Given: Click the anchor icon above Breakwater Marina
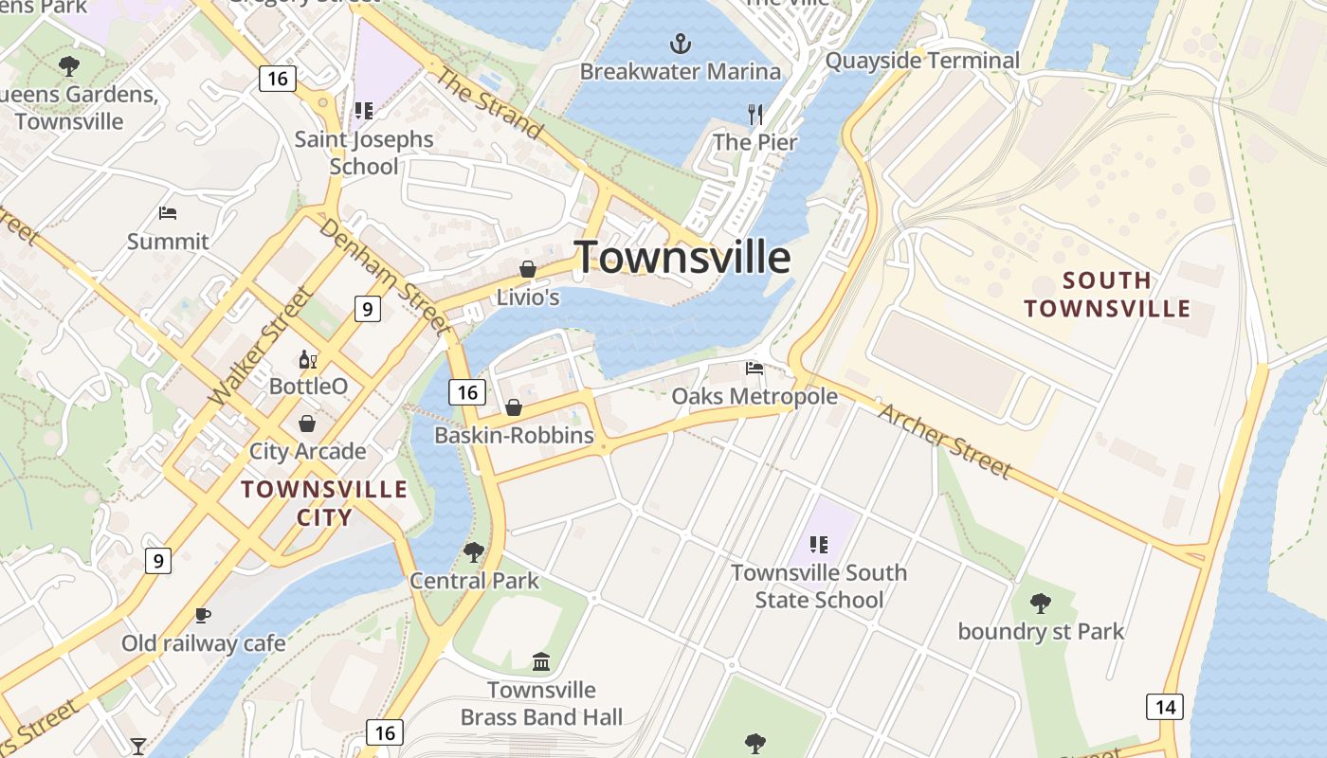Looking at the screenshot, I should coord(680,44).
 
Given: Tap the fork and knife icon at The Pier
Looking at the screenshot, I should coord(755,115).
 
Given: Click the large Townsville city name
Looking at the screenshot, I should coord(682,257).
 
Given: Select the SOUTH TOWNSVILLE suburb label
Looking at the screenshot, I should coord(1107,295).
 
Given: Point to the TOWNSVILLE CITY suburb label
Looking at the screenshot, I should coord(324,503).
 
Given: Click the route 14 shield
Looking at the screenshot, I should coord(1164,706).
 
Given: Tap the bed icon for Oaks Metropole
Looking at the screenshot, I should coord(754,369).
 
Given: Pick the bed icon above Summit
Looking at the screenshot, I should coord(168,213).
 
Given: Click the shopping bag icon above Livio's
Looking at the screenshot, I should coord(528,270).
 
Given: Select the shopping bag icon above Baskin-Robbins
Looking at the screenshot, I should coord(514,407).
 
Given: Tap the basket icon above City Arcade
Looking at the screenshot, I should coord(307,423).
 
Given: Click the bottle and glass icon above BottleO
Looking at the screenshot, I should coord(308,359).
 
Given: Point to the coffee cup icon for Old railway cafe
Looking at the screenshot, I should coord(203,616).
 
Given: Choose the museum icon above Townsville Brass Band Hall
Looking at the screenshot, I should coord(541,661).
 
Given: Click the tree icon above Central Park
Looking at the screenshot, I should coord(473,551).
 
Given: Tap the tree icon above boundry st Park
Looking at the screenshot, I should coord(1041,603).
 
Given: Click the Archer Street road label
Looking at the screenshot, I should coord(945,440).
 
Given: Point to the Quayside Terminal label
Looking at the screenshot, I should coord(922,61).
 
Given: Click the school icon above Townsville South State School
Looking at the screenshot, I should coord(819,544).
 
